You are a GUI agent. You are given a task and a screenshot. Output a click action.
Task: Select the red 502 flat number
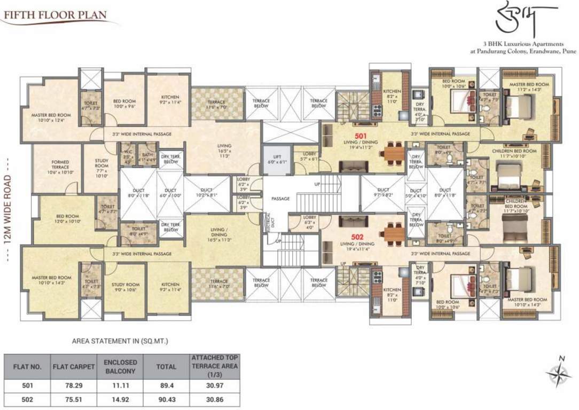click(x=357, y=236)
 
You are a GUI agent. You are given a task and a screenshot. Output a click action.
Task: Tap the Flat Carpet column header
click(x=73, y=367)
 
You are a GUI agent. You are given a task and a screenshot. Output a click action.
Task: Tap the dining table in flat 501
click(x=394, y=153)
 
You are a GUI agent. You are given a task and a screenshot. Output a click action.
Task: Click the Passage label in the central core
click(x=280, y=199)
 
